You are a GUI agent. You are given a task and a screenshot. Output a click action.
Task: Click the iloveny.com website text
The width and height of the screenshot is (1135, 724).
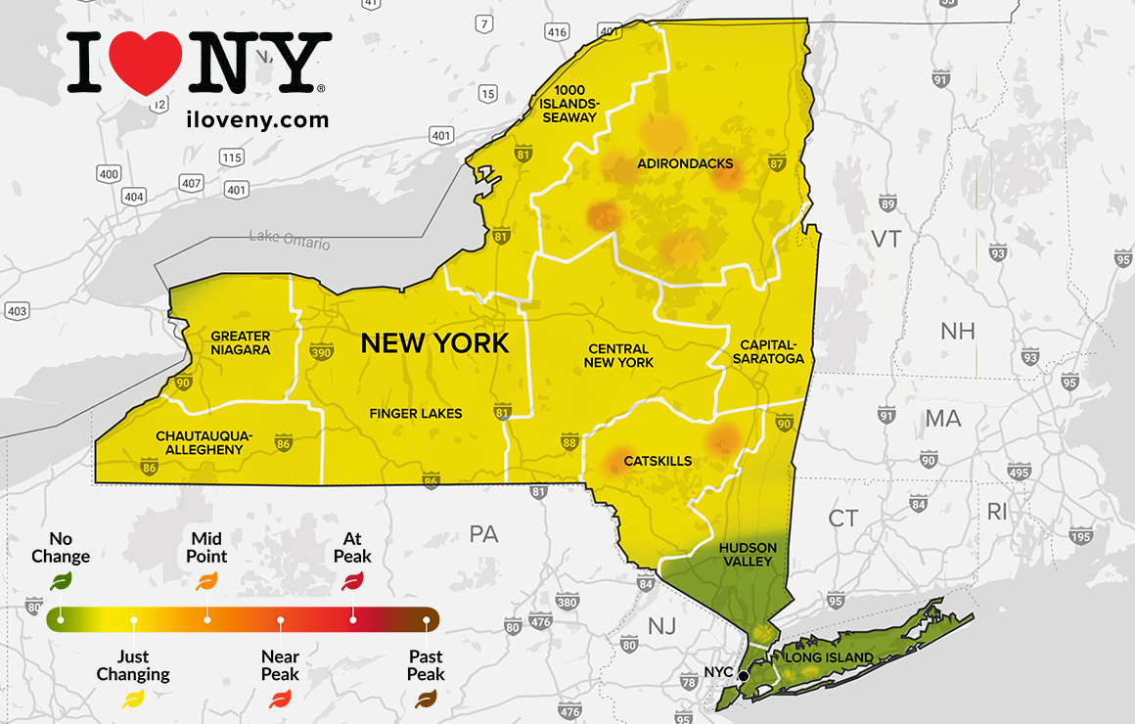[256, 120]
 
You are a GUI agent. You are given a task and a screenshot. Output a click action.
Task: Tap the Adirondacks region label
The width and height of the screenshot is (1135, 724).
[685, 163]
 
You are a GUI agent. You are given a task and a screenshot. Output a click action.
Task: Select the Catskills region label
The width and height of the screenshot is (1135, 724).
[658, 461]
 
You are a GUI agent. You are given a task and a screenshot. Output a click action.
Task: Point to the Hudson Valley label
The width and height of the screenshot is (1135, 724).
[748, 555]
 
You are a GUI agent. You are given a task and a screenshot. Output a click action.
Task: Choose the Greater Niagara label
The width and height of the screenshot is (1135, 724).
[241, 342]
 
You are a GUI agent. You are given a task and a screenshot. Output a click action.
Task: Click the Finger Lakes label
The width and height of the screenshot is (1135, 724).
[416, 414]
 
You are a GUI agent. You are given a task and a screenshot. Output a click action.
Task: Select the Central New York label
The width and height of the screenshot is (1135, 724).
[618, 355]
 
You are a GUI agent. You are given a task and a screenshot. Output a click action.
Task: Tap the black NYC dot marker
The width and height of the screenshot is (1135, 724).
[744, 675]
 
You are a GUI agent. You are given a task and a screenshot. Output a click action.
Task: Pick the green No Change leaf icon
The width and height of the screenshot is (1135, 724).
[61, 581]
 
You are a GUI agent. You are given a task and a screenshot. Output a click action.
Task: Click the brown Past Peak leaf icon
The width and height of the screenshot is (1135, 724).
[426, 699]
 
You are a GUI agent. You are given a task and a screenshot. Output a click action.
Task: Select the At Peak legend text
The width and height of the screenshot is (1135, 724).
[352, 547]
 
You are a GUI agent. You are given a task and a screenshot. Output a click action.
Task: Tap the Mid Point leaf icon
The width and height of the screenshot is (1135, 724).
[206, 581]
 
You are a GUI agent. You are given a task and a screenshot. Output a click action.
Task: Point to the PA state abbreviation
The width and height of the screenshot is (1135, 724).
[483, 534]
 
